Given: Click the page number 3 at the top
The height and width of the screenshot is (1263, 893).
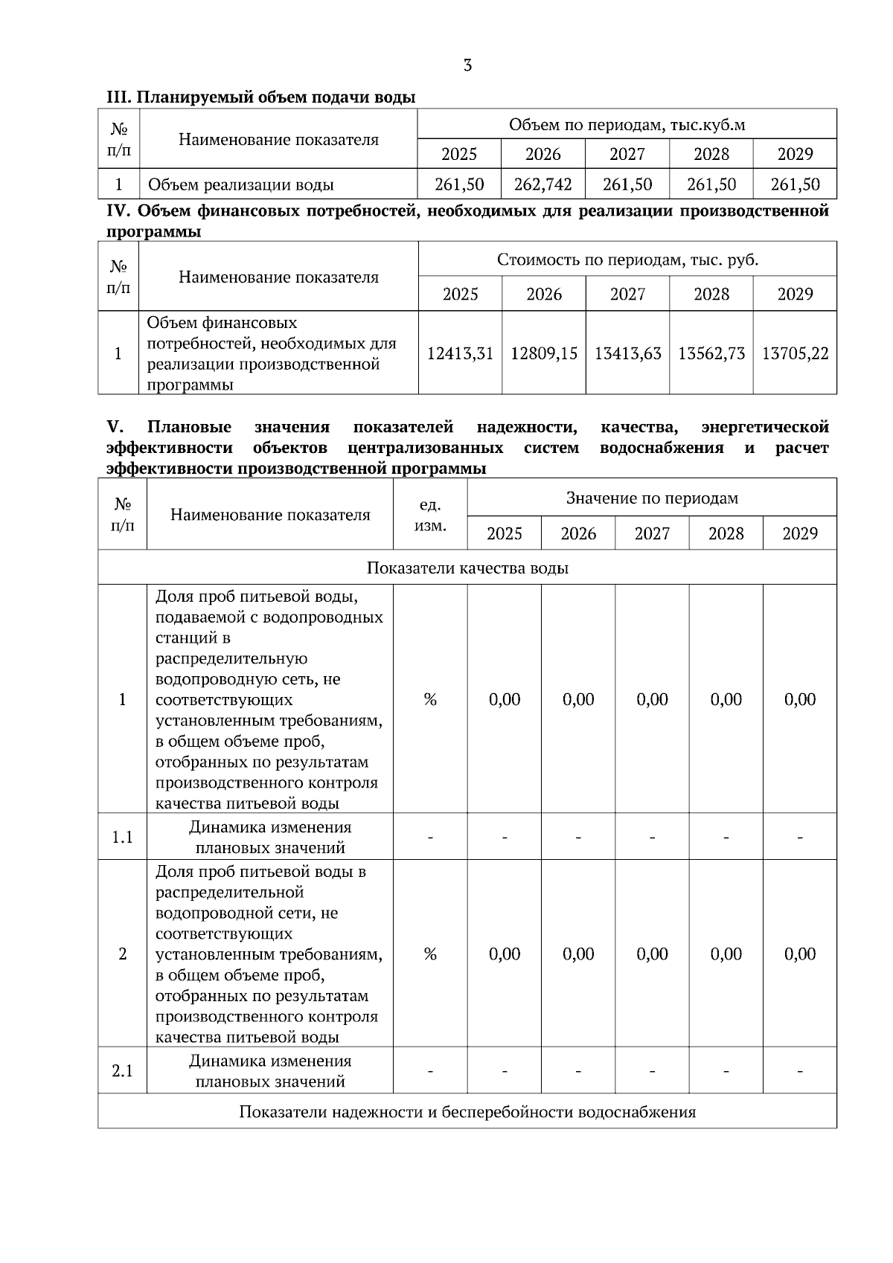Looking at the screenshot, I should click(x=467, y=65).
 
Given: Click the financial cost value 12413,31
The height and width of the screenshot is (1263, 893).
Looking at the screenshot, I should click(x=460, y=353).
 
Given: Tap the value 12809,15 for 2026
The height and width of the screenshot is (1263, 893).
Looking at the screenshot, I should click(x=543, y=353).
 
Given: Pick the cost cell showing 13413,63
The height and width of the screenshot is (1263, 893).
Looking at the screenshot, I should click(x=627, y=353).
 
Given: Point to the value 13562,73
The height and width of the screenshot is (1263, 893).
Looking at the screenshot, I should click(x=711, y=353).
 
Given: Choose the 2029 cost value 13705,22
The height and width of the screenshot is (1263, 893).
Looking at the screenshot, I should click(x=795, y=353).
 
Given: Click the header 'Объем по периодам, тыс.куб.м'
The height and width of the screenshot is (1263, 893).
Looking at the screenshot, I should click(x=627, y=125).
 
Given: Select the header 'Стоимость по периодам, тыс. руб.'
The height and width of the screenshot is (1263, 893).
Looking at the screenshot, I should click(x=627, y=260).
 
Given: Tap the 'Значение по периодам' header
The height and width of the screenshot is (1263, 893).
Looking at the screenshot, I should click(x=652, y=498).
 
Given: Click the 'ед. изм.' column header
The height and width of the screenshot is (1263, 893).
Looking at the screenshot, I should click(x=430, y=515).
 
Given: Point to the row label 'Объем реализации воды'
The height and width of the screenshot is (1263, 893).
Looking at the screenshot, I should click(x=240, y=184).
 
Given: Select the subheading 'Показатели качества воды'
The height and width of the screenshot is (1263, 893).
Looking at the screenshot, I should click(x=467, y=568).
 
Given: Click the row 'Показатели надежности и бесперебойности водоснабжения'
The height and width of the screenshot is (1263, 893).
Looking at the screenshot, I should click(x=467, y=1112).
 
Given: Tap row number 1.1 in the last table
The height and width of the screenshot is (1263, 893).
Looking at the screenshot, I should click(x=122, y=838).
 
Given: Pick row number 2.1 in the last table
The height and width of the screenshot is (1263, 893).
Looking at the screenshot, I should click(x=122, y=1071).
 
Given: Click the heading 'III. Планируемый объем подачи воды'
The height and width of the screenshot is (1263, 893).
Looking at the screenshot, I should click(x=260, y=97).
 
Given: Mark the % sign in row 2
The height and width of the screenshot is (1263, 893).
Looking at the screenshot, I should click(x=430, y=954).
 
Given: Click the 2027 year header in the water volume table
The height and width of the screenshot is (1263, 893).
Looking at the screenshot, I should click(x=627, y=155).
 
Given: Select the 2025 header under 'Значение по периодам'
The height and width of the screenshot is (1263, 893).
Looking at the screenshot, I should click(x=504, y=533).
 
